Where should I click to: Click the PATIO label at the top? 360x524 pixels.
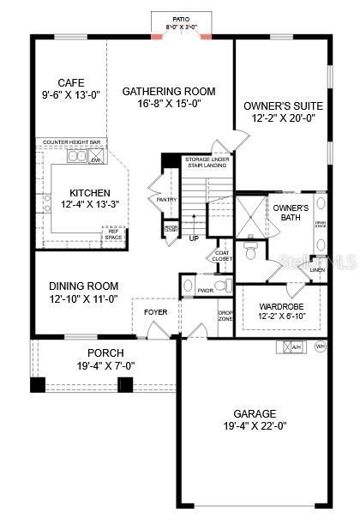coord(181,18)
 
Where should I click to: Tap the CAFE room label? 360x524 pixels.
coord(70,82)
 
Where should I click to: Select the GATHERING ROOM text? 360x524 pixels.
coord(169,91)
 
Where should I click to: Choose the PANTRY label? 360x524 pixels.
coord(166,200)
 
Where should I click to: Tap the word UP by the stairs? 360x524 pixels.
coord(194,238)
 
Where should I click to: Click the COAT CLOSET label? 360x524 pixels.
coord(221,255)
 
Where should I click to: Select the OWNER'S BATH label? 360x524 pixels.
coord(290,212)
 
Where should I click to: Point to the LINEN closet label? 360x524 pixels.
coord(318,270)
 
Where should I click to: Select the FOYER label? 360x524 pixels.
coord(155,311)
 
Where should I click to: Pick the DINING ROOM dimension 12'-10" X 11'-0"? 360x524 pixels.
coord(82,299)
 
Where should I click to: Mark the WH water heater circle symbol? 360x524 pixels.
coord(321,347)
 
